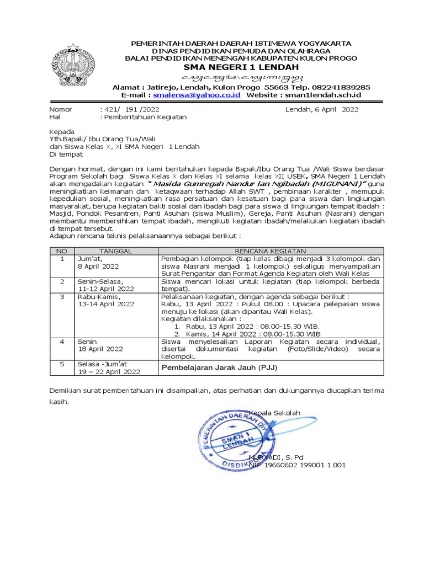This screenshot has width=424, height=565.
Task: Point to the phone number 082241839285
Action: (x=338, y=87)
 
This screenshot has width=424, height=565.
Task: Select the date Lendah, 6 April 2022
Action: (x=321, y=109)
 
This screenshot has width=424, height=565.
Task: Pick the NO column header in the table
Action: (x=62, y=250)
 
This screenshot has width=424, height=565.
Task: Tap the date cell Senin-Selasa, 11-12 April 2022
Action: (x=105, y=284)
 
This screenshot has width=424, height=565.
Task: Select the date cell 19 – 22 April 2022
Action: (x=109, y=371)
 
